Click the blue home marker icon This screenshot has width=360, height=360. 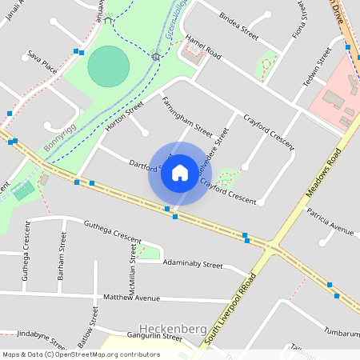point(180,172)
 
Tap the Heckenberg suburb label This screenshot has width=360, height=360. point(174,328)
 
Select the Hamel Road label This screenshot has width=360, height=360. point(202,46)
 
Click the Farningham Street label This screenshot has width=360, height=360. point(186,115)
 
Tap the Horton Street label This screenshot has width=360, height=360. point(124,116)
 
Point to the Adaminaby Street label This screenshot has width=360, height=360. point(192,263)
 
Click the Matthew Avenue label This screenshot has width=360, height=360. point(131,298)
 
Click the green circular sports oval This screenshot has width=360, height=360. point(107,66)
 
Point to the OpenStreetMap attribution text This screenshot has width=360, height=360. point(81,354)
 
